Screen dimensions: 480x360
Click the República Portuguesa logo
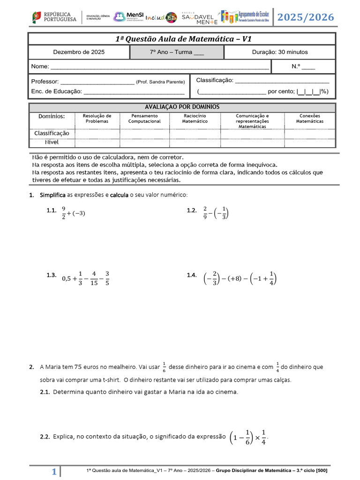(x=54, y=17)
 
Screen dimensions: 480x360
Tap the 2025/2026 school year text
(x=306, y=17)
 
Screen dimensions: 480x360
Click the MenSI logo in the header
(x=127, y=17)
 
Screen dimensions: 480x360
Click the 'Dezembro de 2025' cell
(x=79, y=52)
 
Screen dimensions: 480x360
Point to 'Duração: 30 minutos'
(x=280, y=52)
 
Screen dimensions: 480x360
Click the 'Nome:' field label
(x=39, y=67)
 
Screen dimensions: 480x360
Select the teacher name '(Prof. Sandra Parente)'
(x=160, y=82)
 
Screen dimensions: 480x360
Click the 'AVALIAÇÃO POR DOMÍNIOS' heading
(x=182, y=107)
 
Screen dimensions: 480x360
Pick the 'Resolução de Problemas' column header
(x=97, y=118)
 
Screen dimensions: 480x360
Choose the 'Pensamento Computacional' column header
(x=144, y=118)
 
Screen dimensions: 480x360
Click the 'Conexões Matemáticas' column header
(x=309, y=118)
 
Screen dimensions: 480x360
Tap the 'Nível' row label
(x=52, y=142)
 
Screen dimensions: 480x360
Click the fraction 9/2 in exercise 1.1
(x=64, y=213)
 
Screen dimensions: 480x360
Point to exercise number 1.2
(x=191, y=210)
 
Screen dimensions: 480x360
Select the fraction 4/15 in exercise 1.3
(x=94, y=278)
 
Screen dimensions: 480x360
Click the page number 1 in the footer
(x=54, y=472)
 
